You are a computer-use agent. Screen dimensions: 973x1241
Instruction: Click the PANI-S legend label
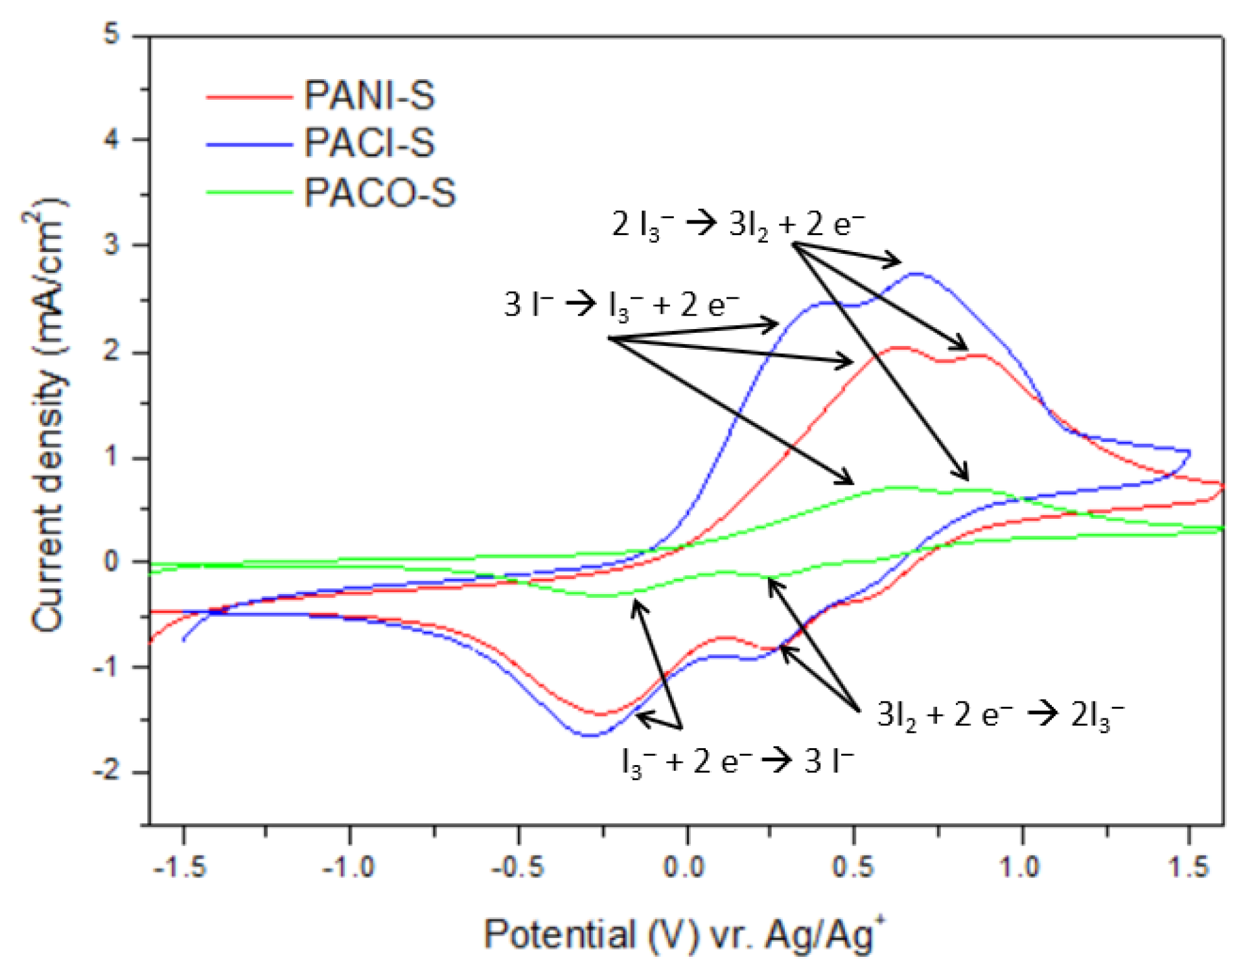click(x=369, y=96)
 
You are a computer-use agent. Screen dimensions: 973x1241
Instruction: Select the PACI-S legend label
click(x=369, y=143)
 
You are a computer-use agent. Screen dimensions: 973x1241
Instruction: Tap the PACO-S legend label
click(x=380, y=192)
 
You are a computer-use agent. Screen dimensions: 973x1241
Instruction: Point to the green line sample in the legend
click(x=249, y=192)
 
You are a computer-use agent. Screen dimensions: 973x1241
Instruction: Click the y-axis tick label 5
click(x=113, y=34)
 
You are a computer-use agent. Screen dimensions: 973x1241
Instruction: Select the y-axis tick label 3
click(x=113, y=245)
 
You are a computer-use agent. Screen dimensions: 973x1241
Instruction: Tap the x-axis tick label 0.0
click(x=684, y=866)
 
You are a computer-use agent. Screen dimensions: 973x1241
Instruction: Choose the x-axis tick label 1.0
click(x=1020, y=866)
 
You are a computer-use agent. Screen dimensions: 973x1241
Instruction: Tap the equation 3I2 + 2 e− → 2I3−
click(x=1000, y=715)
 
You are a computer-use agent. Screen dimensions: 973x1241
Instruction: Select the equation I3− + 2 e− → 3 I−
click(x=737, y=761)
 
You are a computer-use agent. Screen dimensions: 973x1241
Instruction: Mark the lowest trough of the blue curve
click(x=589, y=735)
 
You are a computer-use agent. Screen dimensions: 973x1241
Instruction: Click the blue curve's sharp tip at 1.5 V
click(x=1190, y=452)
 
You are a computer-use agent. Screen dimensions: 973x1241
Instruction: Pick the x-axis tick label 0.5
click(x=853, y=866)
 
